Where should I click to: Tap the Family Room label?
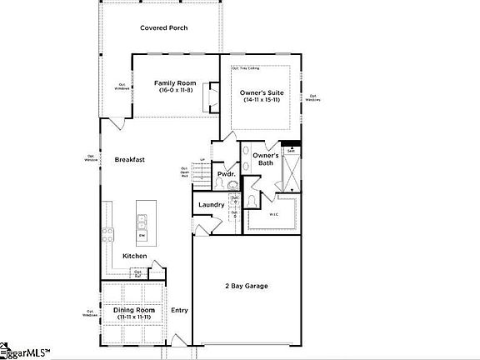click(174, 82)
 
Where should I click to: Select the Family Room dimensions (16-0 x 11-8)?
click(174, 90)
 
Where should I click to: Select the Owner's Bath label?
click(265, 159)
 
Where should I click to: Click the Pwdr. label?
click(225, 175)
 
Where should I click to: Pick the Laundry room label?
click(210, 205)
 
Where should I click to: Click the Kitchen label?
click(135, 256)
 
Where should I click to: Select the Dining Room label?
click(131, 309)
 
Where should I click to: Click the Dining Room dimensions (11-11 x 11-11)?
click(131, 317)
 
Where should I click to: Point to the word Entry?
click(179, 310)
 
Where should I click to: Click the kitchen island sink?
click(142, 222)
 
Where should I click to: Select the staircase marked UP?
click(200, 172)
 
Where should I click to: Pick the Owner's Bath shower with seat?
click(291, 170)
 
